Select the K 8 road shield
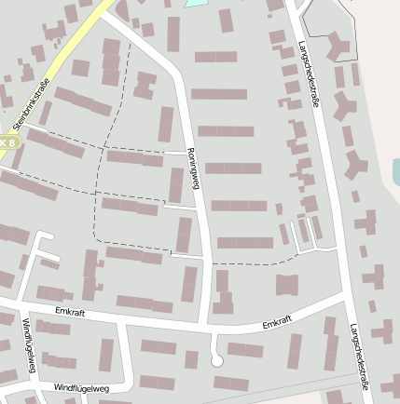click(x=8, y=142)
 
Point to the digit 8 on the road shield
click(x=13, y=142)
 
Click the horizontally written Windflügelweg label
click(x=81, y=387)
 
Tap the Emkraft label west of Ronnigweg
click(x=70, y=312)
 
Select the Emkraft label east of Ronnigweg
click(x=277, y=323)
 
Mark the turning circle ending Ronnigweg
click(x=217, y=359)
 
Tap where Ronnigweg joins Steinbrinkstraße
click(x=105, y=13)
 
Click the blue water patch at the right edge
click(x=395, y=171)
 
